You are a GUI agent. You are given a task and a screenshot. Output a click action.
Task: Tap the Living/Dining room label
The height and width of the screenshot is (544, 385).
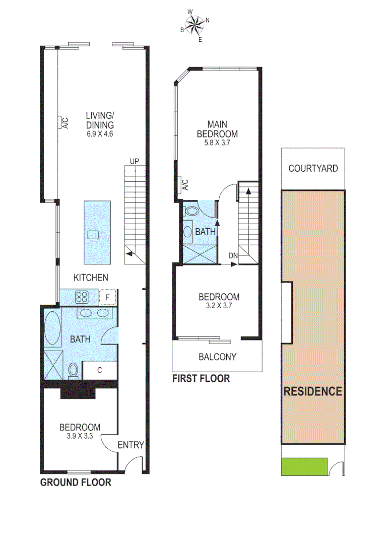click(x=99, y=119)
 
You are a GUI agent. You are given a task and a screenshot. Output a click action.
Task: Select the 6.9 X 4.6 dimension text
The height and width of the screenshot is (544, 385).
click(x=99, y=134)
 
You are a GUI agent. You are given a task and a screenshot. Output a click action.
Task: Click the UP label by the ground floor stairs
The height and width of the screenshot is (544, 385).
click(x=135, y=161)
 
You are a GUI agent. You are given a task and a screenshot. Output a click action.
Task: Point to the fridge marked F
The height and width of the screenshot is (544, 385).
click(x=107, y=297)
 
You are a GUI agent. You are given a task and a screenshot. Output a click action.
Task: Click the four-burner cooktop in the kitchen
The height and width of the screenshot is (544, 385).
click(x=82, y=297)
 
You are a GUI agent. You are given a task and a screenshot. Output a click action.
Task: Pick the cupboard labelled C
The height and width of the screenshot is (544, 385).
click(x=100, y=370)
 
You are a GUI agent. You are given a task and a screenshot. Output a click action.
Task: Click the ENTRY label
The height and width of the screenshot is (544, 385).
click(x=131, y=445)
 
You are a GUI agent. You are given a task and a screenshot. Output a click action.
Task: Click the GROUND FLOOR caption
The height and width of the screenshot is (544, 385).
click(x=76, y=483)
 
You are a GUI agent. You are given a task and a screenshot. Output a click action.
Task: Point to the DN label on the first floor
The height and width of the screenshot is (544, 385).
click(x=232, y=256)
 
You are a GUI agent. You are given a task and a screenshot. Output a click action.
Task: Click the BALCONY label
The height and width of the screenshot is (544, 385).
click(x=217, y=357)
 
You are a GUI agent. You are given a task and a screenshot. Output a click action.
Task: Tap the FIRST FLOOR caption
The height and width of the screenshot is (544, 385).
click(x=201, y=378)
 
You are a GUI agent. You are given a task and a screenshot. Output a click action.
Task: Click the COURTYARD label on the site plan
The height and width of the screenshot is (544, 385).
click(x=313, y=168)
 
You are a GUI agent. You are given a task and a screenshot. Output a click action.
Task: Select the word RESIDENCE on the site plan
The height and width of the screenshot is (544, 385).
click(x=313, y=391)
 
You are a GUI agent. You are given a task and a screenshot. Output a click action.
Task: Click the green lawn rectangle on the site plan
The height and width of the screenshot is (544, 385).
click(x=304, y=466)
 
